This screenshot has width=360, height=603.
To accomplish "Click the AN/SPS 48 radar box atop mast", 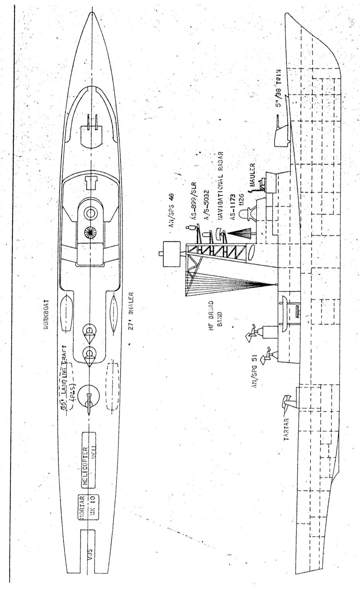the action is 171,254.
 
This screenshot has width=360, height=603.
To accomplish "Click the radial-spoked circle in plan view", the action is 91,233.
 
